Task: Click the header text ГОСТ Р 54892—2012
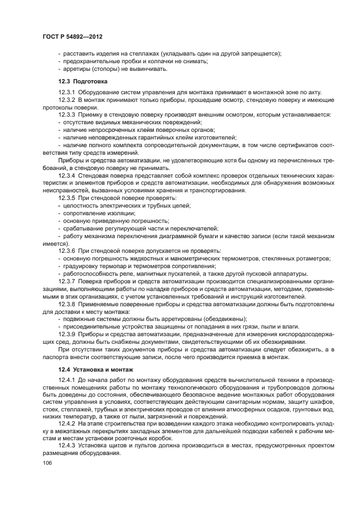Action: point(73,35)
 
